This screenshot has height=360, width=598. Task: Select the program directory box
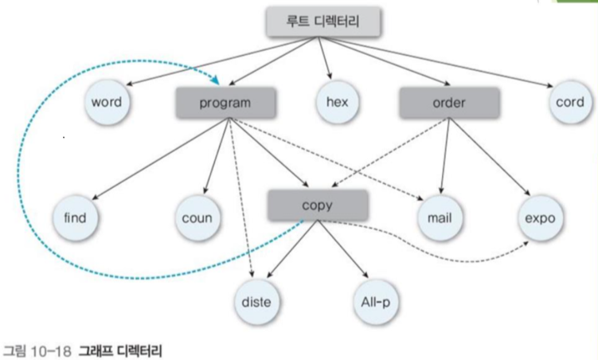(x=225, y=103)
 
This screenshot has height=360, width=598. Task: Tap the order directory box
(x=449, y=103)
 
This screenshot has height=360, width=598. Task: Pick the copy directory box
(x=318, y=205)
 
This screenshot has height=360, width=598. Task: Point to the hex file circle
(x=338, y=103)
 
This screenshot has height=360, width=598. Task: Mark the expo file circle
(x=540, y=217)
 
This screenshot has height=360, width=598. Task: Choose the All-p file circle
(x=374, y=302)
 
